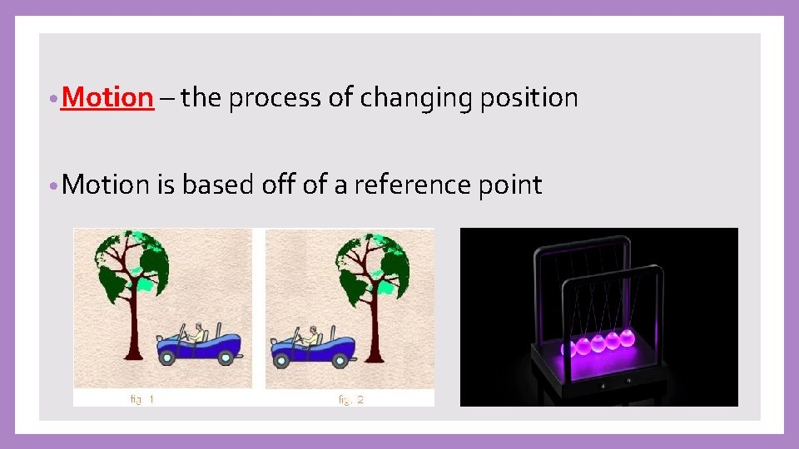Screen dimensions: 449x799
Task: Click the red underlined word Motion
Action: tap(107, 98)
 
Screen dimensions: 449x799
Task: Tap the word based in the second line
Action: tap(217, 185)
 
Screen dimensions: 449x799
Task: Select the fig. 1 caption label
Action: tap(142, 400)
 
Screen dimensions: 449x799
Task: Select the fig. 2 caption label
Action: tap(350, 400)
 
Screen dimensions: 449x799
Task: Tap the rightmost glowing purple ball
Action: tap(626, 338)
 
